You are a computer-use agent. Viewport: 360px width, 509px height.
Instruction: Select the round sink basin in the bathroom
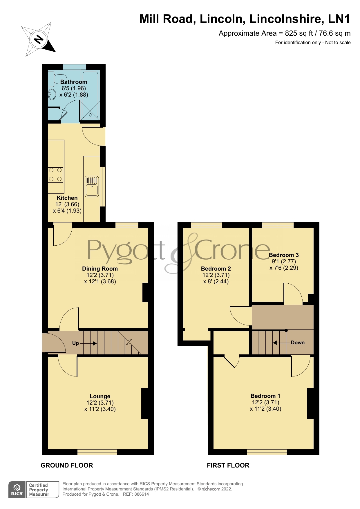[52, 94]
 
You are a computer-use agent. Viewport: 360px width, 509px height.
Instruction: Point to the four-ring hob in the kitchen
[55, 175]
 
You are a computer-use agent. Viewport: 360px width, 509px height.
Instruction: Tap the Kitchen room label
[67, 198]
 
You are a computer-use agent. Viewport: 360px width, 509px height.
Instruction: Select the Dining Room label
[100, 269]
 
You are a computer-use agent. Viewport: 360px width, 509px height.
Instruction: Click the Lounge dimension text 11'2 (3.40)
[100, 409]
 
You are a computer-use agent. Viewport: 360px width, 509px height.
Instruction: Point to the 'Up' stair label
[75, 343]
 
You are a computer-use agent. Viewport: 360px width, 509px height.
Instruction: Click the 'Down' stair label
[298, 343]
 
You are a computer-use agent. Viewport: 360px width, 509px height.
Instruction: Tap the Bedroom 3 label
[284, 255]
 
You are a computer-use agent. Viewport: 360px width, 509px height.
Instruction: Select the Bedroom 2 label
[216, 269]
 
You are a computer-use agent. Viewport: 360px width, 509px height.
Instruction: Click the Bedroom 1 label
[265, 396]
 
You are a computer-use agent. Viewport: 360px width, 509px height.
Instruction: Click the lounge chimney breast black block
[145, 403]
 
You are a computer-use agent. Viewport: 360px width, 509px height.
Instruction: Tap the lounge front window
[97, 452]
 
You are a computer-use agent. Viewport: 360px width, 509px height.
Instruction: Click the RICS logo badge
[17, 490]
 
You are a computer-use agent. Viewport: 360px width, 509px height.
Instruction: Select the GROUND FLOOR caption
[67, 465]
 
